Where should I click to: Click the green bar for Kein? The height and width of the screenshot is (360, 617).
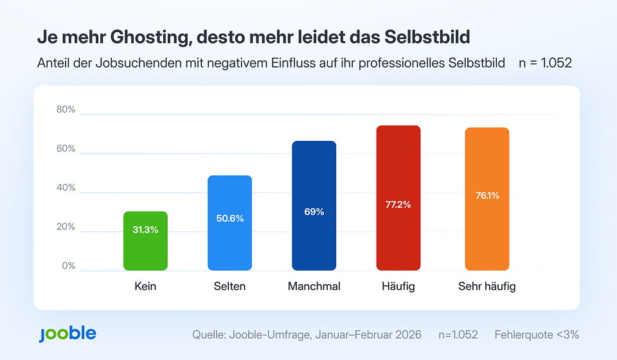(x=145, y=241)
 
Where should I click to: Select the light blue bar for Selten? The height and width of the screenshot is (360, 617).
(x=229, y=223)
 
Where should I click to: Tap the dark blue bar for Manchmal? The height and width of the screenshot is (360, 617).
(x=314, y=206)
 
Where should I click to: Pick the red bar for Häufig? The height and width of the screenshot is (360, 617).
(x=398, y=198)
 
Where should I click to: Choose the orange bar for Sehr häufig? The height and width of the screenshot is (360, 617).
(x=487, y=199)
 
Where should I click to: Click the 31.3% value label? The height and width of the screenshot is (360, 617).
(x=145, y=230)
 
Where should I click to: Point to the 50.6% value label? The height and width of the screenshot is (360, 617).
(x=229, y=219)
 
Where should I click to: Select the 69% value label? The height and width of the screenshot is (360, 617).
(x=314, y=212)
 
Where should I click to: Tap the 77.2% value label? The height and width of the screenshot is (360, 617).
(x=398, y=205)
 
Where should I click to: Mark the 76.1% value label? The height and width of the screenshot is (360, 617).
(x=487, y=196)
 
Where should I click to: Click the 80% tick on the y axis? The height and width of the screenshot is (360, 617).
(x=66, y=110)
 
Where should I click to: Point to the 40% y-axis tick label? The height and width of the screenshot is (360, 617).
(x=66, y=188)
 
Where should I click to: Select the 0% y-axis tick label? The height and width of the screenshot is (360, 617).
(x=68, y=266)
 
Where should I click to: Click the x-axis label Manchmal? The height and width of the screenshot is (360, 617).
(x=314, y=287)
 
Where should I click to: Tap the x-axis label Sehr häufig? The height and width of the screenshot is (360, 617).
(x=487, y=287)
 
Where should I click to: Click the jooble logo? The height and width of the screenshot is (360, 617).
(x=67, y=334)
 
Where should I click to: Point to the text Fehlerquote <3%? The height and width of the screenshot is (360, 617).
(x=537, y=335)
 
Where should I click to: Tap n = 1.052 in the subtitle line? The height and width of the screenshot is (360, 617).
(x=545, y=64)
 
